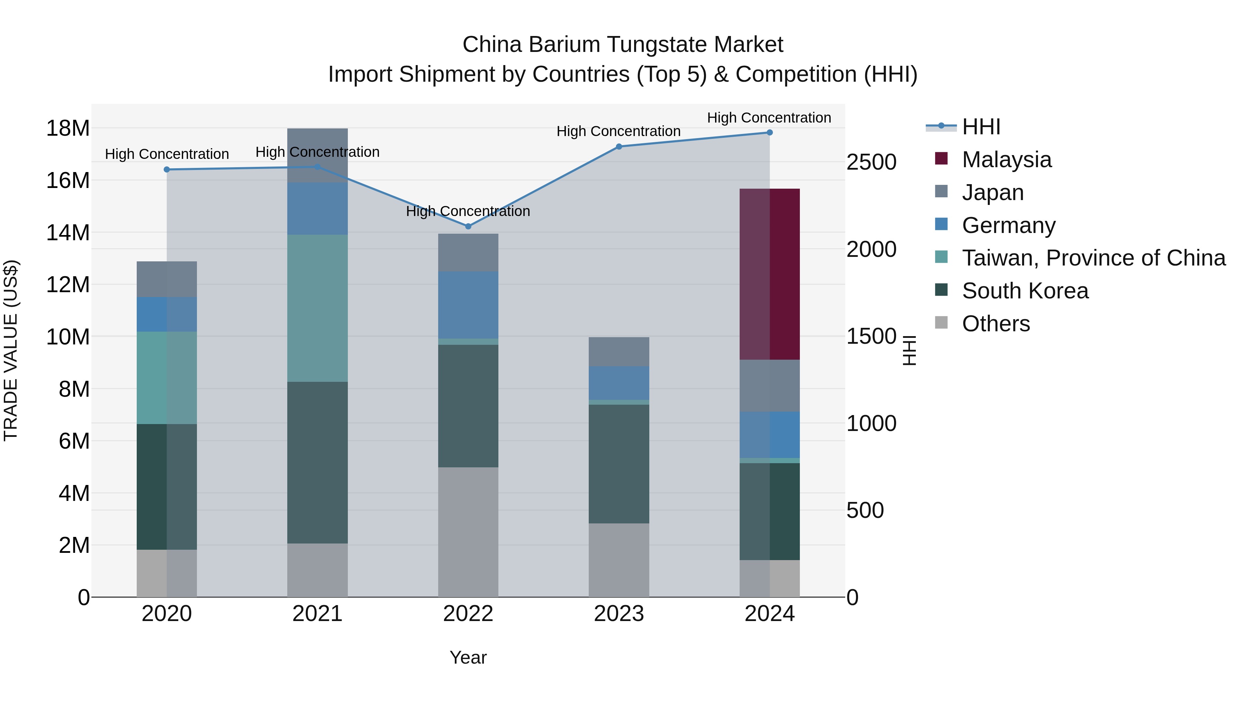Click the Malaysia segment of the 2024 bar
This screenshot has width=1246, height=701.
769,274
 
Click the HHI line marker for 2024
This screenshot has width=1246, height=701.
769,133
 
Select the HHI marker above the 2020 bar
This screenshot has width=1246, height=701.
167,169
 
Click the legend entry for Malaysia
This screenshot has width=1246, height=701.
1006,160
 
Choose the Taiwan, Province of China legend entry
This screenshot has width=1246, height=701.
1093,258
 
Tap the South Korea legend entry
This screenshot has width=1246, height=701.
1024,291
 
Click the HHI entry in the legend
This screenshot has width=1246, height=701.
981,127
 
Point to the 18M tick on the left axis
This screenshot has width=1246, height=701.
68,128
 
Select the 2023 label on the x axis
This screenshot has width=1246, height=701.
619,614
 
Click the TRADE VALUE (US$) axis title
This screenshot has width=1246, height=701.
11,350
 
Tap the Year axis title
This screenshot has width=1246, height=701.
468,657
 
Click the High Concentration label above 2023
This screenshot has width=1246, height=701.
618,131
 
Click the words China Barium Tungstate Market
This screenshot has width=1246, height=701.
623,45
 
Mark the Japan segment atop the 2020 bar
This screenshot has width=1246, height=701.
167,279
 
